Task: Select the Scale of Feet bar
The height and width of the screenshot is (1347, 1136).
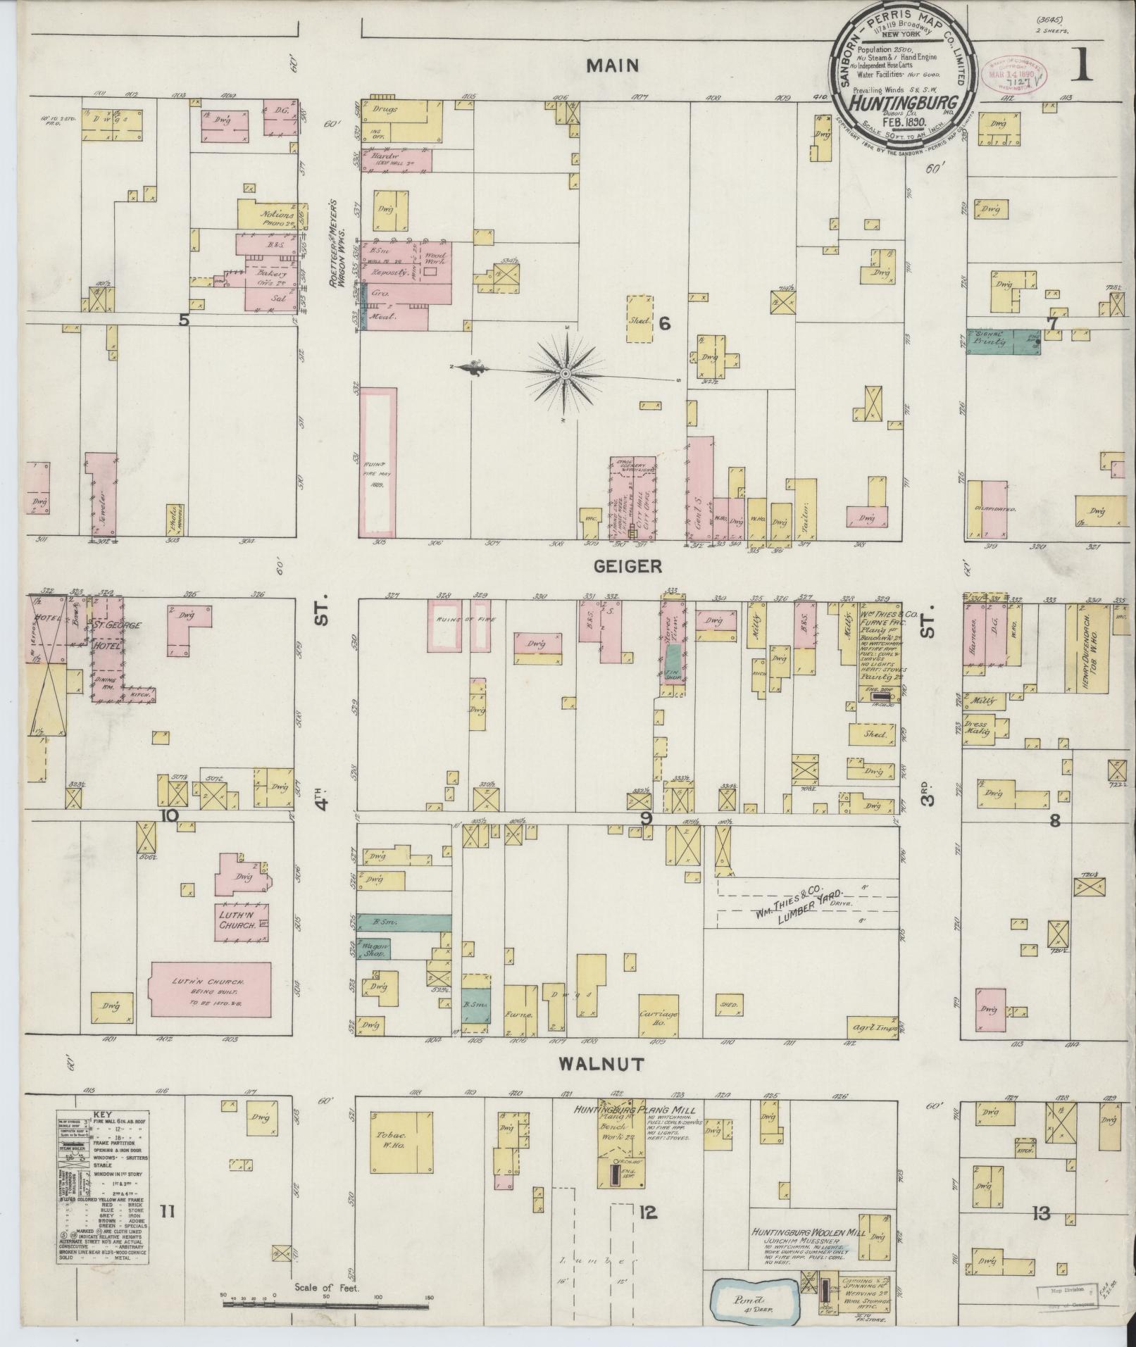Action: click(325, 1305)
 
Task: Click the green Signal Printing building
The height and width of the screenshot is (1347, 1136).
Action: click(1003, 341)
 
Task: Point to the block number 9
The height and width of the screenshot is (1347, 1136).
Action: click(645, 818)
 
